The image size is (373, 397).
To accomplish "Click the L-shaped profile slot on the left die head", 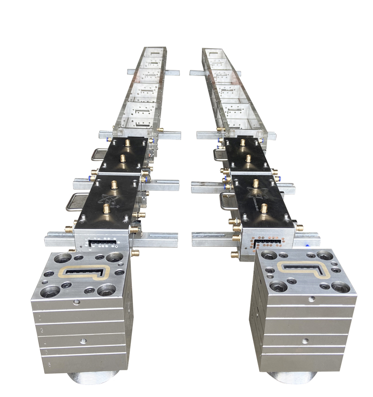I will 85,272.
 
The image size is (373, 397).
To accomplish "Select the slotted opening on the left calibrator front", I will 101,243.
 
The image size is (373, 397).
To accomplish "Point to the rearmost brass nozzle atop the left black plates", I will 127,143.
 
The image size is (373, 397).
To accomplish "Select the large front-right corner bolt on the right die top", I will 341,286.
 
